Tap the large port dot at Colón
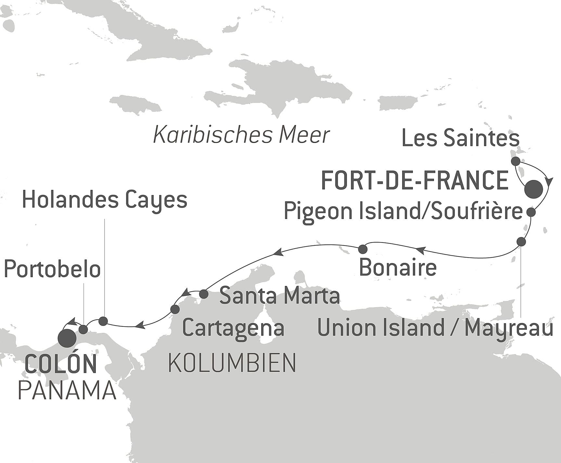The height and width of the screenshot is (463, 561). pyautogui.click(x=67, y=338)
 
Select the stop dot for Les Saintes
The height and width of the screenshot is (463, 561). pyautogui.click(x=515, y=161)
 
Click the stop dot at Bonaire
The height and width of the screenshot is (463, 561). pyautogui.click(x=363, y=249)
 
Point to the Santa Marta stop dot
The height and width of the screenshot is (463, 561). pyautogui.click(x=203, y=294)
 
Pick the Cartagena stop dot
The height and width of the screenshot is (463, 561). pyautogui.click(x=175, y=309)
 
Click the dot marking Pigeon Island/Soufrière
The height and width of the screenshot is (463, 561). pyautogui.click(x=531, y=212)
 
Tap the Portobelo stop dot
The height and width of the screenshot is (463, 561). pyautogui.click(x=83, y=329)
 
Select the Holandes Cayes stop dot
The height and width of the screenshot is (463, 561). pyautogui.click(x=103, y=321)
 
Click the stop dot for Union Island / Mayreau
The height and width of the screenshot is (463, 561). pyautogui.click(x=521, y=242)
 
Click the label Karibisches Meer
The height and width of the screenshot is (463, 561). pyautogui.click(x=241, y=135)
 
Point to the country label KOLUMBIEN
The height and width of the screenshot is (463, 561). pyautogui.click(x=232, y=363)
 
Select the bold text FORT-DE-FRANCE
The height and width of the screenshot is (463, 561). pyautogui.click(x=414, y=181)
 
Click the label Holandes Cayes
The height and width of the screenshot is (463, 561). pyautogui.click(x=105, y=200)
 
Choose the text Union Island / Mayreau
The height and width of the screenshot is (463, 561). pyautogui.click(x=435, y=328)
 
